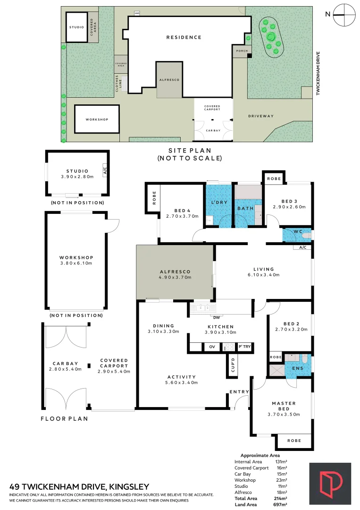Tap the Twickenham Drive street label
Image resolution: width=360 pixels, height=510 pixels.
click(x=318, y=74)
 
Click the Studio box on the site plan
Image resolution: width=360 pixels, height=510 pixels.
click(x=76, y=27)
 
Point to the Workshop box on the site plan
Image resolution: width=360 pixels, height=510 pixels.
click(x=97, y=119)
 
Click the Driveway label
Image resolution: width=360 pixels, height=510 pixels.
click(x=261, y=116)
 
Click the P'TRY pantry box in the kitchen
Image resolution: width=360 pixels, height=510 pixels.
click(x=244, y=347)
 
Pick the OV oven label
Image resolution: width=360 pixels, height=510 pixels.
click(x=212, y=347)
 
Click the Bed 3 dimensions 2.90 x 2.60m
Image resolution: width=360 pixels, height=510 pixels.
click(x=289, y=207)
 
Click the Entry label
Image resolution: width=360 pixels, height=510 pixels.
click(x=239, y=392)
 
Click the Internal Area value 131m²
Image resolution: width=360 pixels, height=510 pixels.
click(x=281, y=461)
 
